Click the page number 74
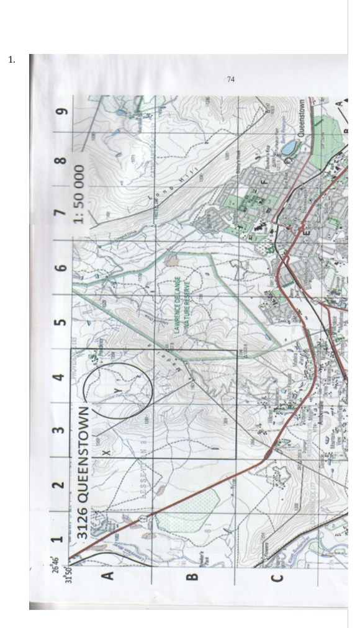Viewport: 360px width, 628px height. [x=231, y=79]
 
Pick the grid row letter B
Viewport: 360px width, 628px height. [x=192, y=576]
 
